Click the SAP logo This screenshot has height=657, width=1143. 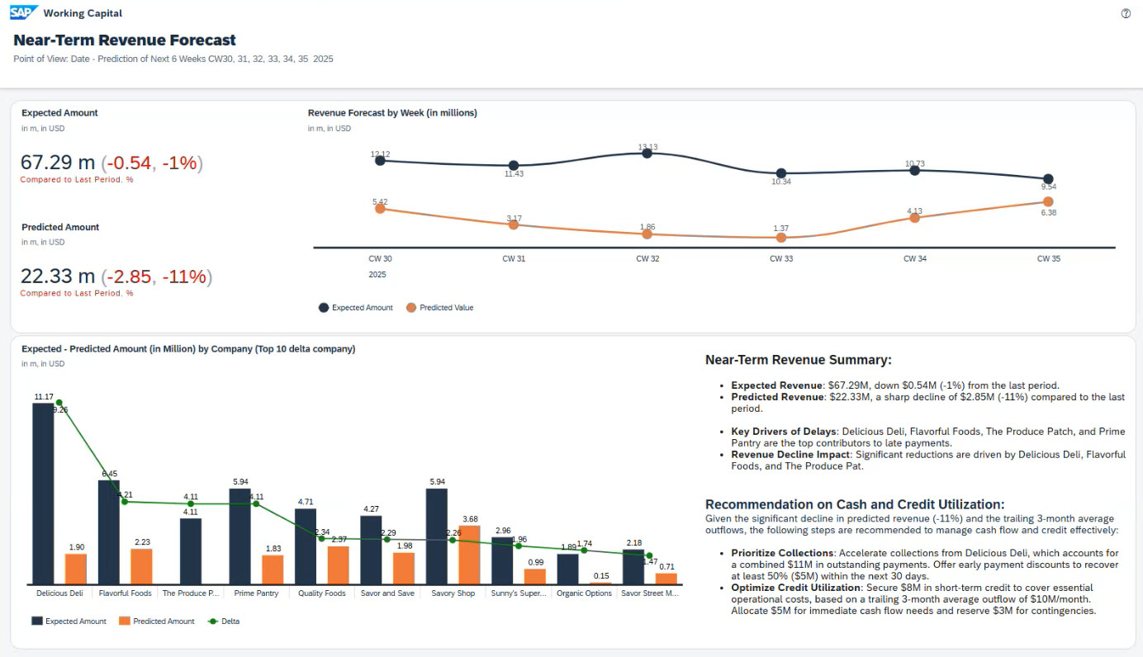tap(23, 12)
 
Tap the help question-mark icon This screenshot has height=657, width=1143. tap(1126, 13)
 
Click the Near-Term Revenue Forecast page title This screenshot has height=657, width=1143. tap(125, 40)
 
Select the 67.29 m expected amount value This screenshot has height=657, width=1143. tap(58, 163)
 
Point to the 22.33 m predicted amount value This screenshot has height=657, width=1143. tap(58, 277)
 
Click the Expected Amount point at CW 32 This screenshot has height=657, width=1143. tap(647, 153)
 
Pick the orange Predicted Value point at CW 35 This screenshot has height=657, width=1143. tap(1048, 201)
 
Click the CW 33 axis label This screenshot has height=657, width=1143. tap(780, 258)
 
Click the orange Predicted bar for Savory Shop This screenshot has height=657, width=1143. tap(470, 555)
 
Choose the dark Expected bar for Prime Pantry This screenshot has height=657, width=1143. tap(240, 536)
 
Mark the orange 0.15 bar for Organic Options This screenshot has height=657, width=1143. tap(601, 583)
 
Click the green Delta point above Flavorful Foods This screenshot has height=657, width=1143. tap(125, 501)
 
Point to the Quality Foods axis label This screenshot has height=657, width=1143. tap(322, 593)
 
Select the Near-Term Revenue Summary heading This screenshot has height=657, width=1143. tap(798, 360)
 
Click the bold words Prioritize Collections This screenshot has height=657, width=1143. tap(781, 553)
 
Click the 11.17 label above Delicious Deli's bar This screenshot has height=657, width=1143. tap(44, 397)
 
